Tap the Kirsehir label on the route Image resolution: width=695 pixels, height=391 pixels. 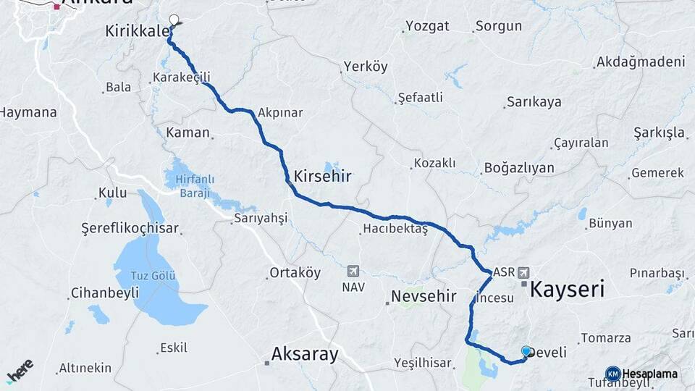pyautogui.click(x=322, y=176)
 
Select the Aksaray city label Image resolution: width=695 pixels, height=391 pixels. pyautogui.click(x=304, y=354)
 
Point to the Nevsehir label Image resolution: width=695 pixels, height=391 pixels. pyautogui.click(x=424, y=296)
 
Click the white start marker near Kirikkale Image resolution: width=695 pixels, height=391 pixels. pyautogui.click(x=174, y=20)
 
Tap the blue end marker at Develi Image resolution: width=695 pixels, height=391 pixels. pyautogui.click(x=526, y=350)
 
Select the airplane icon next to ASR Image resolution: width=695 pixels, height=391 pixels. pyautogui.click(x=523, y=273)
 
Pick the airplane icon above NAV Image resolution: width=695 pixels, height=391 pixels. pyautogui.click(x=353, y=271)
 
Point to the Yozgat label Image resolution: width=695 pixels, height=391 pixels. pyautogui.click(x=427, y=26)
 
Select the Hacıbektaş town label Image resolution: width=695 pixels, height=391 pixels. pyautogui.click(x=395, y=230)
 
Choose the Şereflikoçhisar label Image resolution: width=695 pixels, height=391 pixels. pyautogui.click(x=129, y=228)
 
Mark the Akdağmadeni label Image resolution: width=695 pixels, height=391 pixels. pyautogui.click(x=640, y=62)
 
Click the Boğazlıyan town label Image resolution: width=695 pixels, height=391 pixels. pyautogui.click(x=518, y=168)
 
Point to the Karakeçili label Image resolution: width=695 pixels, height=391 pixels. pyautogui.click(x=181, y=77)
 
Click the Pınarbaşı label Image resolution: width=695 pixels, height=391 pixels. pyautogui.click(x=657, y=273)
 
